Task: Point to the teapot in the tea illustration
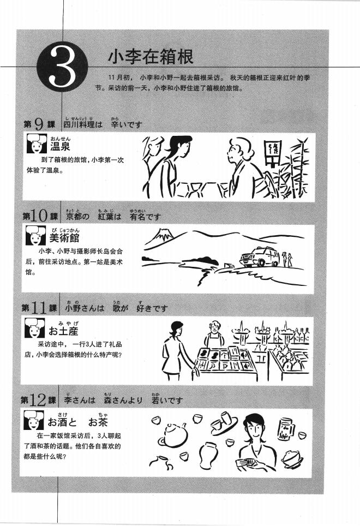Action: point(174,435)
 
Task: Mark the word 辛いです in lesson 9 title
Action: point(125,125)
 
